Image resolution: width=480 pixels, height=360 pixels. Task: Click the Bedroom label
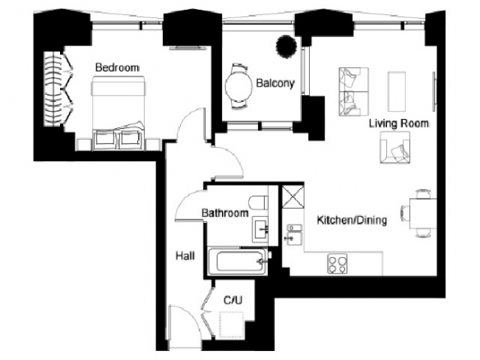[118, 67]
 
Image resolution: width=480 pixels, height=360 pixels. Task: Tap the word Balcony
[275, 83]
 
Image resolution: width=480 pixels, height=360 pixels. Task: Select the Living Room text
[399, 123]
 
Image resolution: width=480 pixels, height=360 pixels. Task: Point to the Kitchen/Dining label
[352, 220]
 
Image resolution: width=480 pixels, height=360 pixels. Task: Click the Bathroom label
[224, 213]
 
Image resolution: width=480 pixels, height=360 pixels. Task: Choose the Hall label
[185, 256]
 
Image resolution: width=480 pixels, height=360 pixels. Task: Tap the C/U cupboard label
[233, 300]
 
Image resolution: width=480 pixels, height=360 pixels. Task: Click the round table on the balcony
[237, 86]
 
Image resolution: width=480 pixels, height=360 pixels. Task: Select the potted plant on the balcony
[287, 47]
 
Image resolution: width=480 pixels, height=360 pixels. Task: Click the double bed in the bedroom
[118, 113]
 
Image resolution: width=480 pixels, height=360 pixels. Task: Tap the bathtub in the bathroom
[237, 261]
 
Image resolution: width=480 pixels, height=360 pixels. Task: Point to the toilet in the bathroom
[259, 203]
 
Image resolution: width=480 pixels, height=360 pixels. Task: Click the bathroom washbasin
[261, 229]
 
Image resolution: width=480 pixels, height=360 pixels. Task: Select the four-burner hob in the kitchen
[337, 264]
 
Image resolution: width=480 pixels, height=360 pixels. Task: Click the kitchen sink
[294, 233]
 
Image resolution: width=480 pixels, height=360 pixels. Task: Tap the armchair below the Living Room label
[395, 148]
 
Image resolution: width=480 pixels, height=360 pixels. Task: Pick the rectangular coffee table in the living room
[397, 91]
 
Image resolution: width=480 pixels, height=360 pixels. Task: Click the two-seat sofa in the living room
[353, 91]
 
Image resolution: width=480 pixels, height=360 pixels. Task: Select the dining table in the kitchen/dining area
[423, 214]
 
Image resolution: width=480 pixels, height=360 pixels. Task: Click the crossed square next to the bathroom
[293, 196]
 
